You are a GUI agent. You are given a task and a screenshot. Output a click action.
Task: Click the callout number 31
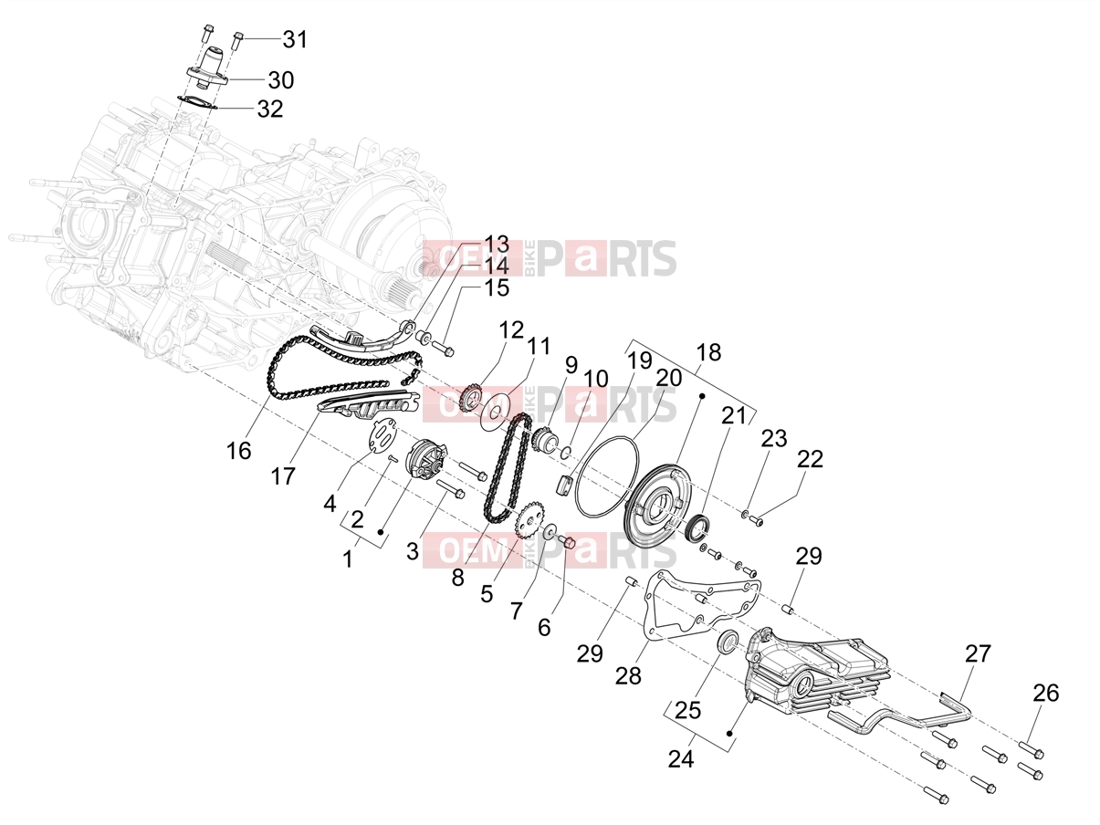click(295, 39)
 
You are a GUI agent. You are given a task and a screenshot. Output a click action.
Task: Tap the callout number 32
click(270, 109)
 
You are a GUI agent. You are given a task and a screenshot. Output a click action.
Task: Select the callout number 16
click(238, 451)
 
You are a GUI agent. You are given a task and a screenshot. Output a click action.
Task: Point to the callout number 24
click(681, 759)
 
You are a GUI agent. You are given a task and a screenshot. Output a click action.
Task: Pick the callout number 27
click(978, 653)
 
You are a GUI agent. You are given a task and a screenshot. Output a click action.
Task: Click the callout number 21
click(734, 416)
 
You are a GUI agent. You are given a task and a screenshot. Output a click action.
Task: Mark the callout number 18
click(708, 352)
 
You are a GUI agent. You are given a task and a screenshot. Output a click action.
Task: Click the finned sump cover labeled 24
click(817, 676)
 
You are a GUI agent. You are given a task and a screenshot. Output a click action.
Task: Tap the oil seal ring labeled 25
click(728, 642)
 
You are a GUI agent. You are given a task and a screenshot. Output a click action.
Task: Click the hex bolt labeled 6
click(567, 542)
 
